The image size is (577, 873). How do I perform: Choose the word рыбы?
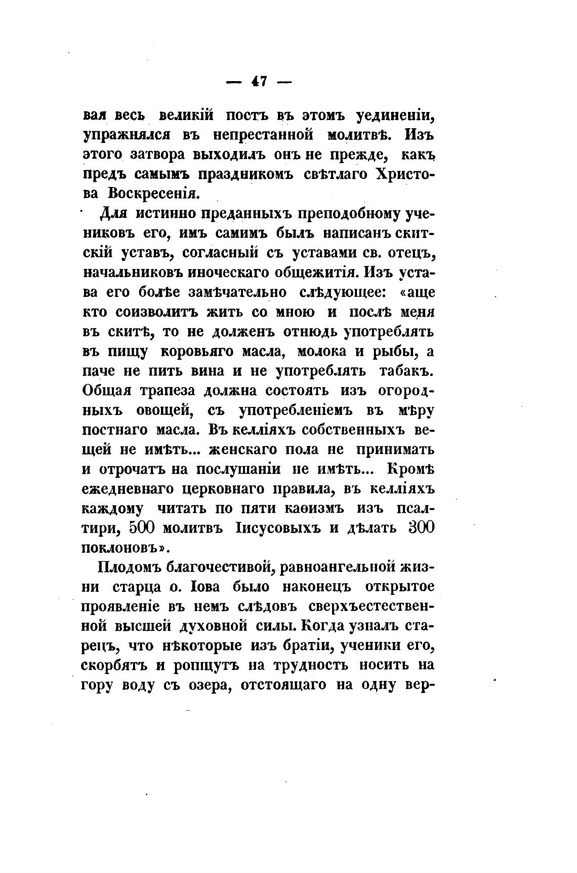click(393, 351)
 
